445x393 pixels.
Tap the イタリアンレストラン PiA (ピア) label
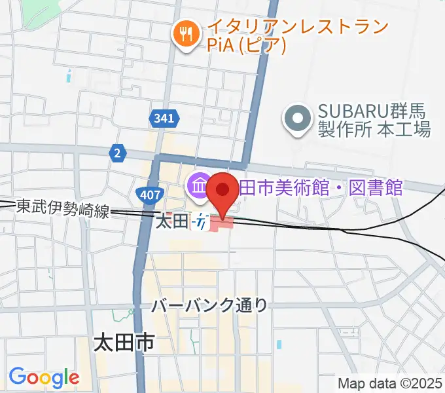[298, 36]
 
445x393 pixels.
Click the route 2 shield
[116, 153]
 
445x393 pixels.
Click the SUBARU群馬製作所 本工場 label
[374, 120]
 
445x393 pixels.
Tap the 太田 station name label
[171, 221]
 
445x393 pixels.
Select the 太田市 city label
[124, 342]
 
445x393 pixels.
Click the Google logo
[44, 377]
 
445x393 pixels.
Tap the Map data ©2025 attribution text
[390, 383]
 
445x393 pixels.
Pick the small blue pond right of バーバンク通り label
[279, 344]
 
